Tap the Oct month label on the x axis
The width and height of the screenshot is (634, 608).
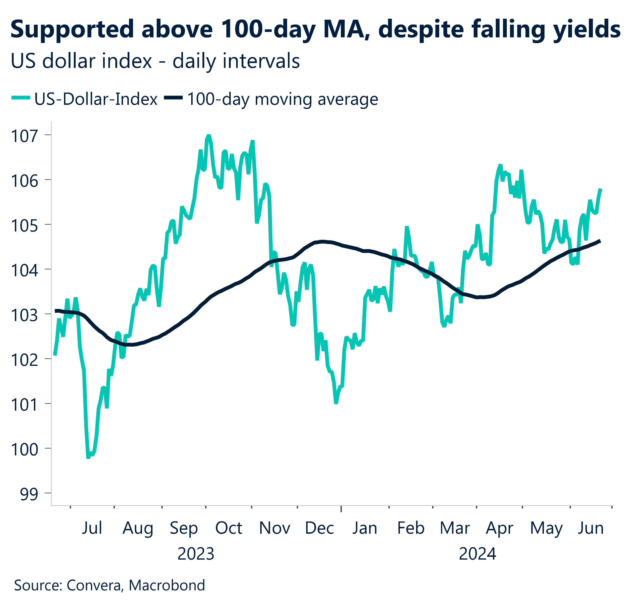point(229,528)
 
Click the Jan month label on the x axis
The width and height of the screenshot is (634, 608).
point(365,528)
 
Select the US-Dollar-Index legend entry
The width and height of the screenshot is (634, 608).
point(96,99)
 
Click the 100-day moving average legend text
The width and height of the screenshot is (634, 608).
point(282,99)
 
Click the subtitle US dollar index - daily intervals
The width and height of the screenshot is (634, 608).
point(155,61)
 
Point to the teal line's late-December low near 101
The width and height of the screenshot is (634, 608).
point(336,403)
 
